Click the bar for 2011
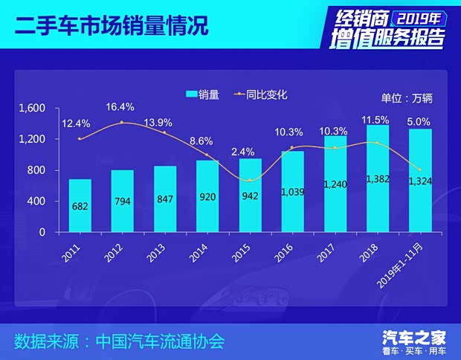80,205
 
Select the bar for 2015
250,195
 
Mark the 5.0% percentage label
419,121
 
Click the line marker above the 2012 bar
122,123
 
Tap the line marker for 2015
250,180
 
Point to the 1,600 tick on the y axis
33,109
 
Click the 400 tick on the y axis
36,201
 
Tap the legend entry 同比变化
260,94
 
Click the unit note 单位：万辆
406,97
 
